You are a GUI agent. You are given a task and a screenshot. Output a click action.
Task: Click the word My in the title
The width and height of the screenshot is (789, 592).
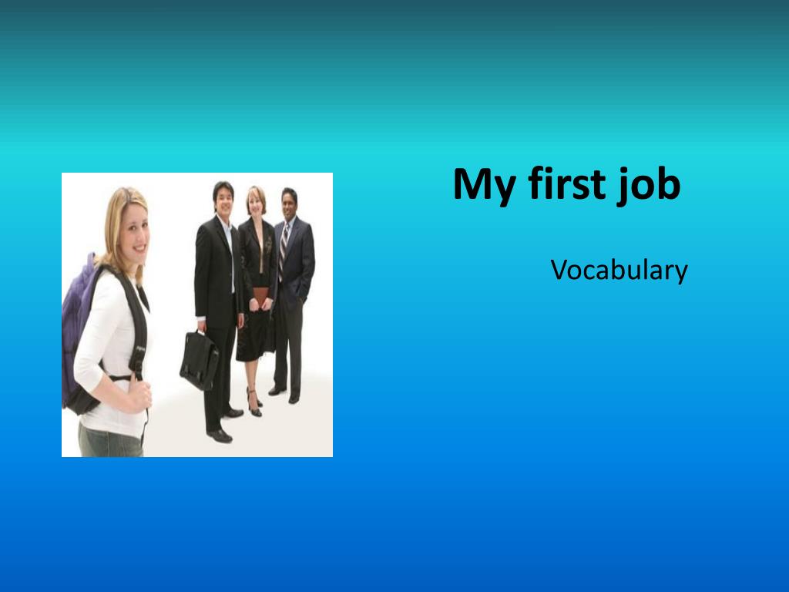coord(484,185)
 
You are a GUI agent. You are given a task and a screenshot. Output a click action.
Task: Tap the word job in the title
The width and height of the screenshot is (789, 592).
coord(649,185)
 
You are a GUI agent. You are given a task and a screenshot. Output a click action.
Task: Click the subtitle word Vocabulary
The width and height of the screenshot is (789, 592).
coord(619,271)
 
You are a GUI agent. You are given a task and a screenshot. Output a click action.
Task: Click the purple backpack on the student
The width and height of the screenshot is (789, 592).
coord(78,327)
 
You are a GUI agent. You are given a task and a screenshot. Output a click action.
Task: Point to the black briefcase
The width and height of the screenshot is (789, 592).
coord(200,360)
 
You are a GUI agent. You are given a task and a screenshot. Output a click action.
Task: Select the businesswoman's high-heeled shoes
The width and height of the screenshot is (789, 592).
coord(254,403)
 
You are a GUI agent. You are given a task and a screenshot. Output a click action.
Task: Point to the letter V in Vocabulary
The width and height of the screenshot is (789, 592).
coord(559,270)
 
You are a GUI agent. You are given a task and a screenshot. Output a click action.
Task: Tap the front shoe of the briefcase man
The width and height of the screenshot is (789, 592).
coord(220,436)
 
